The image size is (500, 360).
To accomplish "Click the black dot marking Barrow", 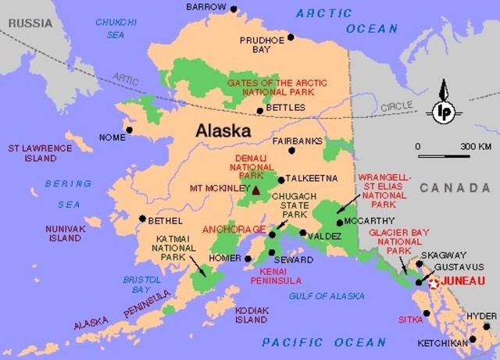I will pos(233,8).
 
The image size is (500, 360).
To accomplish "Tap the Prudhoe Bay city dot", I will pos(291,37).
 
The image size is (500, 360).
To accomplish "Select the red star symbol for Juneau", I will pos(434,283).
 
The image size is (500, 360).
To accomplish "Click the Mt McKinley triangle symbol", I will pos(255,189).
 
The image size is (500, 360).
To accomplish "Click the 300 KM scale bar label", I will pos(475,147).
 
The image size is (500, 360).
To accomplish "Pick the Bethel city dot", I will pos(142,219).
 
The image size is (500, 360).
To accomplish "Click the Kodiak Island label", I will pos(252,315).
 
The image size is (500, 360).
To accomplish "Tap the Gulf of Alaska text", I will pos(326,296).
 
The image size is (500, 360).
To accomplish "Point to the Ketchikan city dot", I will pos(472,341).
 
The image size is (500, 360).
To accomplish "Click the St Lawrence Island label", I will pos(33,152).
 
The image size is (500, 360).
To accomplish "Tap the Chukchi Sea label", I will pos(115,28).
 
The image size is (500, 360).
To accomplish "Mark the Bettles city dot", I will pos(260,111).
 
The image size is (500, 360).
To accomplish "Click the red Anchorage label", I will pos(233,230).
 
